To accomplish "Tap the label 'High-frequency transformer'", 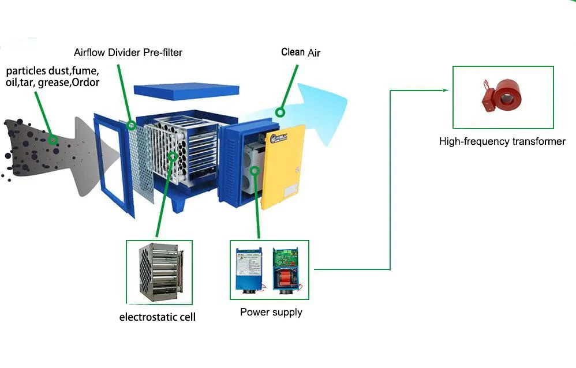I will (x=502, y=141).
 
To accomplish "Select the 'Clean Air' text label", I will (x=300, y=52).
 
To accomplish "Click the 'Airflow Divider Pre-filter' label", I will (x=128, y=52).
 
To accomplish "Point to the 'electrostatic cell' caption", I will (x=158, y=317).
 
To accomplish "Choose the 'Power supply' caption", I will (x=271, y=312).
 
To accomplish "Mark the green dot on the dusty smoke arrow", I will (x=53, y=140).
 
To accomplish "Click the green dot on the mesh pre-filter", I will (x=132, y=125).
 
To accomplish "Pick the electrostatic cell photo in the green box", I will (x=159, y=272).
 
